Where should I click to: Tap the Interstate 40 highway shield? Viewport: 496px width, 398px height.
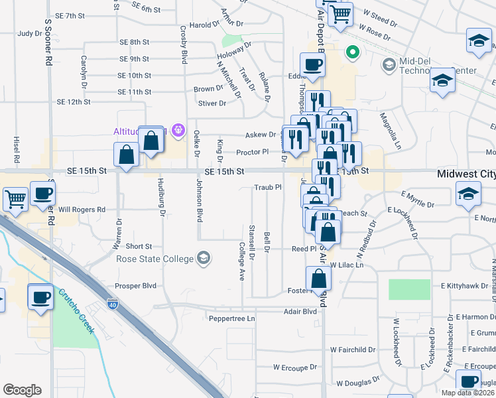coord(113,304)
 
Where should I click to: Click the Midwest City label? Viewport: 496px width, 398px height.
coord(466,174)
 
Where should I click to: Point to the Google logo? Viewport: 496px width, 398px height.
coord(22,390)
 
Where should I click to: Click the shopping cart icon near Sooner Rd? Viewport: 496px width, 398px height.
coord(15,198)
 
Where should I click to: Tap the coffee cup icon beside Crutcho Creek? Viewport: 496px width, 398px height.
coord(40,296)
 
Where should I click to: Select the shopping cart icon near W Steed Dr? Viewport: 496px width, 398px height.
coord(340,13)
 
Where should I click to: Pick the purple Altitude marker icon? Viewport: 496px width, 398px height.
coord(177,130)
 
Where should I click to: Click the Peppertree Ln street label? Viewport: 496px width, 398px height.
coord(232,318)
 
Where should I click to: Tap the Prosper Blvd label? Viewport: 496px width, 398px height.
coord(135,286)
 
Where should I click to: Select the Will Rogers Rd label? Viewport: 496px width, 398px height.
coord(82,210)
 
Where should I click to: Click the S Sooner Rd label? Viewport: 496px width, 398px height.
coord(48,41)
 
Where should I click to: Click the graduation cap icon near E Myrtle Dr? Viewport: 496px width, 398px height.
coord(467,194)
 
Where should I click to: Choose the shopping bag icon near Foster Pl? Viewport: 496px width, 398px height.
coord(318,279)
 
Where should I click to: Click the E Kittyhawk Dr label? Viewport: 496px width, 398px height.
coord(468,285)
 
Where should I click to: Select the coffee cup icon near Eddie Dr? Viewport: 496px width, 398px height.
coord(312,64)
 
